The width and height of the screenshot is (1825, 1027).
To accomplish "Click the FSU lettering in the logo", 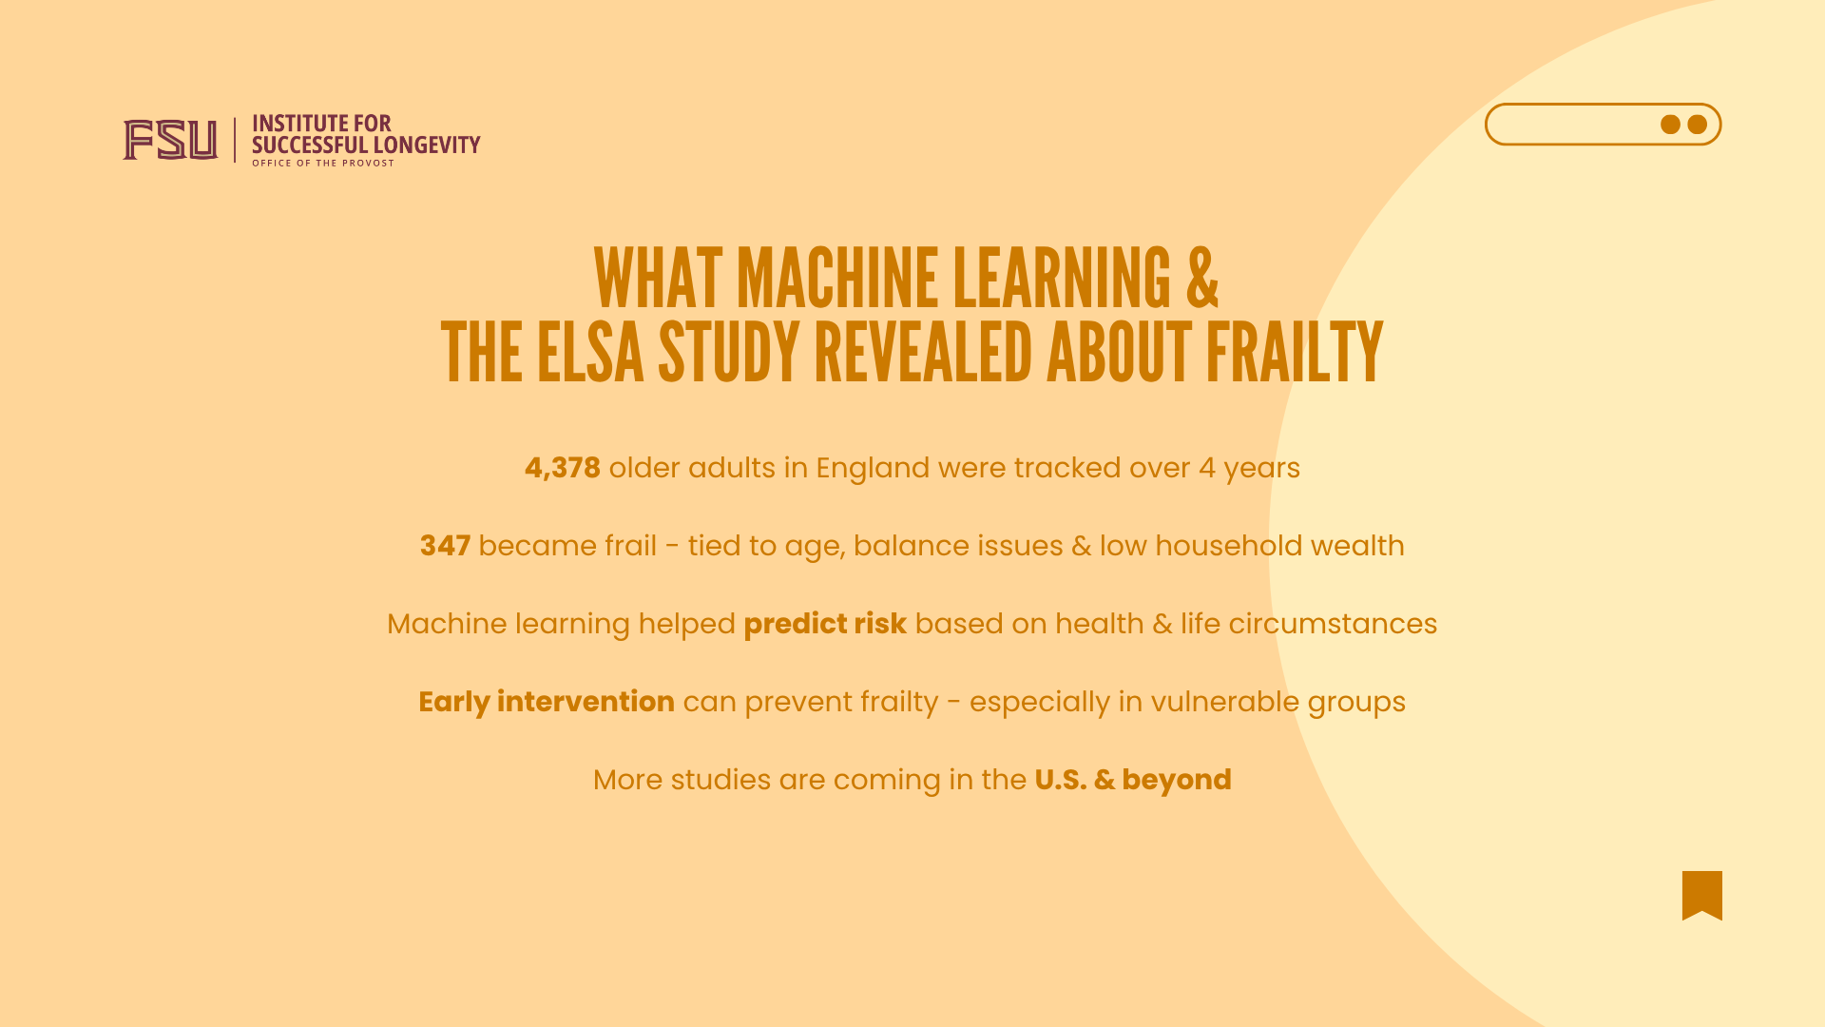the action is point(170,140).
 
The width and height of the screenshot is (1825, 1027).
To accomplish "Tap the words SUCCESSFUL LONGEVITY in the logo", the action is point(366,145).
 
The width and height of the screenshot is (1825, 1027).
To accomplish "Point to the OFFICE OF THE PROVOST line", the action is point(323,164).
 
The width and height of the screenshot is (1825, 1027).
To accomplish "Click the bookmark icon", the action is point(1701,895).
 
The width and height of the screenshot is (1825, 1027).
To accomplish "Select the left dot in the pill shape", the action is point(1670,125).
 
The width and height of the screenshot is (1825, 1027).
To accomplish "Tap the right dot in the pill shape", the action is point(1697,125).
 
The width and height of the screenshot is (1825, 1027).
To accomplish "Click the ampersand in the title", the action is point(1202,279).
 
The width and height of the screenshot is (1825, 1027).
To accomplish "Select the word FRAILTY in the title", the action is point(1295,353).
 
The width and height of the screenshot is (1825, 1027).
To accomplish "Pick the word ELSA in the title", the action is point(590,353).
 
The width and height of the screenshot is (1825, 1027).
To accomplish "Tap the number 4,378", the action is point(563,468).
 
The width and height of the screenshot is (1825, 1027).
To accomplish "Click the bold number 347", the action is point(445,546).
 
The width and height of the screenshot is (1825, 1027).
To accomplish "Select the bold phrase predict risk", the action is point(825,624).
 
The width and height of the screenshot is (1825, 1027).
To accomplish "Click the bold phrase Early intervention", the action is point(547,702).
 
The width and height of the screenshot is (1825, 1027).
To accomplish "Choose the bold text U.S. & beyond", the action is point(1133,780).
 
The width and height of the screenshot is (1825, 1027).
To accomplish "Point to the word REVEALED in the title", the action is point(923,353).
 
